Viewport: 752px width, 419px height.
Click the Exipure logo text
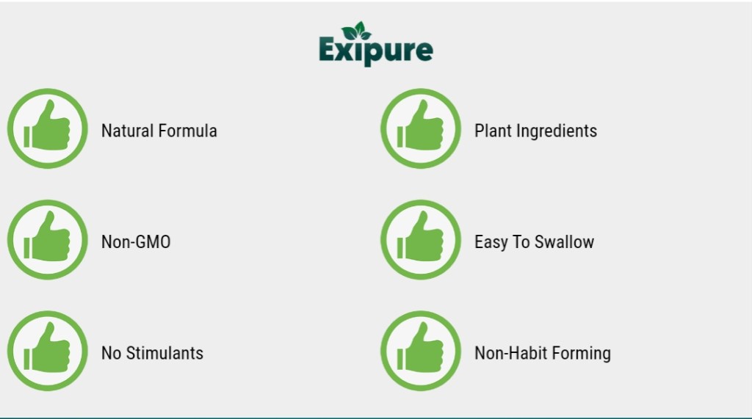coord(376,51)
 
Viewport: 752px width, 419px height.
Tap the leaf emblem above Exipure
coord(356,31)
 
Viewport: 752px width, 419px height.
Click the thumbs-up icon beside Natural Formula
coord(48,128)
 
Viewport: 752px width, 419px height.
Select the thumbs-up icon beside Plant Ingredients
coord(421,128)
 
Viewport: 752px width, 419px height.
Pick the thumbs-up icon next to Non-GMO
coord(48,240)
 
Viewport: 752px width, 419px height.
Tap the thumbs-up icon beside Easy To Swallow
coord(421,240)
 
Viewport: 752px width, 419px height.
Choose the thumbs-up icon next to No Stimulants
coord(48,351)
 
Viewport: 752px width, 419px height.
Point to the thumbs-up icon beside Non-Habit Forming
coord(421,351)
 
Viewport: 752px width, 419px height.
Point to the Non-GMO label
coord(136,242)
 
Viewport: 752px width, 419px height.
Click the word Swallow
coord(565,242)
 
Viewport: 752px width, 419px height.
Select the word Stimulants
coord(164,353)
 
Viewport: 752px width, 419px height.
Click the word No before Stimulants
coord(112,353)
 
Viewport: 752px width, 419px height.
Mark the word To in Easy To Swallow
coord(521,242)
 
